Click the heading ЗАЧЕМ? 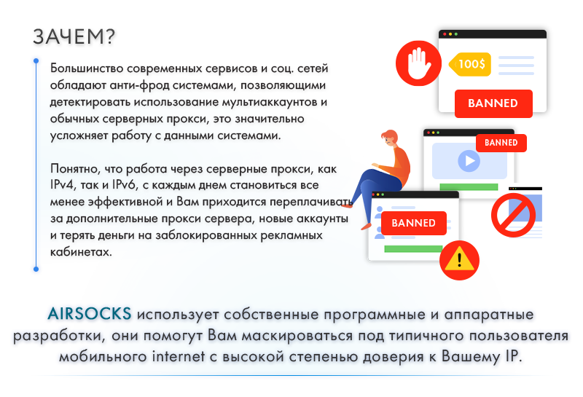coord(74,37)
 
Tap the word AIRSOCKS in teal coord(90,314)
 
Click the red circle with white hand coord(418,63)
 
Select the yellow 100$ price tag coord(470,64)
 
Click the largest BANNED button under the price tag coord(493,103)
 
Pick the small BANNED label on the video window coord(501,143)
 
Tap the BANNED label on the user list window coord(413,223)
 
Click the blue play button coord(469,161)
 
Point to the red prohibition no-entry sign coord(513,215)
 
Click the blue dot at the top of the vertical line coord(36,60)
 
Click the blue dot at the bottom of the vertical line coord(36,269)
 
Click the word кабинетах coord(81,252)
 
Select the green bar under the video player coord(469,187)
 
